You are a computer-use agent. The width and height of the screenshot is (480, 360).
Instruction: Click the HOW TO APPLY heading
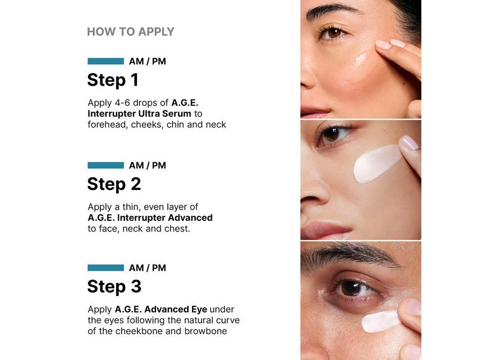(x=131, y=32)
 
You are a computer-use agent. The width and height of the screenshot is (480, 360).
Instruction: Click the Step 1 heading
(x=113, y=80)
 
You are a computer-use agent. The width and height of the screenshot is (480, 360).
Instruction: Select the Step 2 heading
(x=114, y=184)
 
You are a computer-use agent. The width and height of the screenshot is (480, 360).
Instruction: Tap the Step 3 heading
(x=114, y=287)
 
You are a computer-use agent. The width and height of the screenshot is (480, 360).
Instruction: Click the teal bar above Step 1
(x=106, y=61)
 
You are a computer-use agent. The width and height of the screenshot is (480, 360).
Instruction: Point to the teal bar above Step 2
(x=106, y=166)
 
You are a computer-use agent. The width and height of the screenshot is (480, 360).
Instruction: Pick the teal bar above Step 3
(x=106, y=268)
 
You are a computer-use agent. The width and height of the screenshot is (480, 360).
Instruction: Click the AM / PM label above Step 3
(x=148, y=268)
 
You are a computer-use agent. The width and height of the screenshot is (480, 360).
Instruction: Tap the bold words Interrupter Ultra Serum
(x=139, y=114)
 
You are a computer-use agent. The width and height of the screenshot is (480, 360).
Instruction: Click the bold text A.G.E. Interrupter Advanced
(x=150, y=217)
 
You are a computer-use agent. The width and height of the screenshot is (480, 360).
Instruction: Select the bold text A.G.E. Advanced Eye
(x=161, y=309)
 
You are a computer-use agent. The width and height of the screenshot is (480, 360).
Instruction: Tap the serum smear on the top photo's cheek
(x=359, y=60)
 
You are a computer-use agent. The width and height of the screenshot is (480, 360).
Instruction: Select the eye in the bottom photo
(x=353, y=288)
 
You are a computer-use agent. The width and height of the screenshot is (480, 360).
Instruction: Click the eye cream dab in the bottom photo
(x=380, y=321)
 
